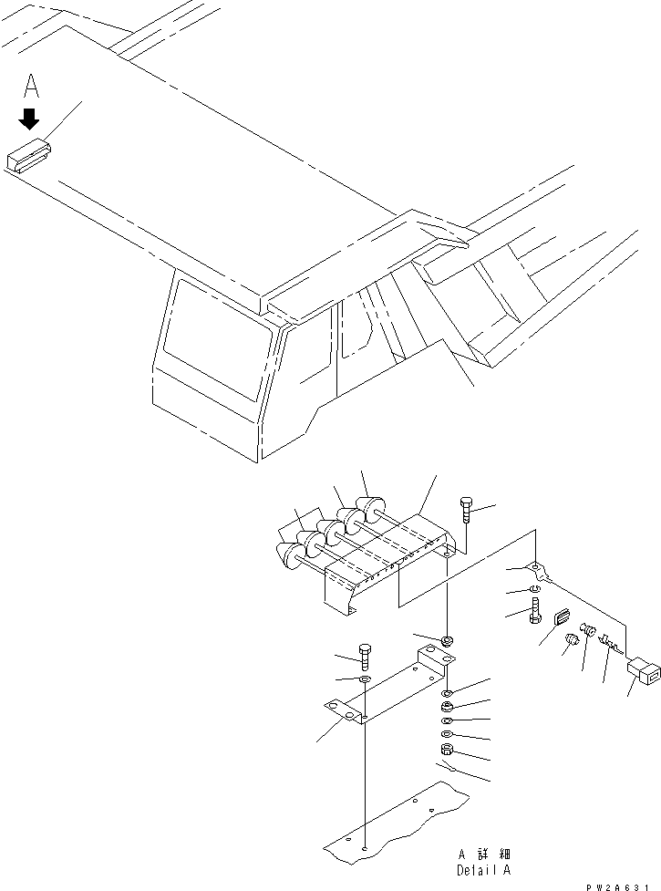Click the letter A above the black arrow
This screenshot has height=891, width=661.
[31, 87]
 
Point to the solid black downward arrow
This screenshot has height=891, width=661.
[30, 119]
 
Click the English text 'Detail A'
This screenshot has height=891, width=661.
[483, 871]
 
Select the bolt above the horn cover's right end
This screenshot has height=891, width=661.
[467, 512]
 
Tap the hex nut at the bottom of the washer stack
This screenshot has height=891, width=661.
[448, 751]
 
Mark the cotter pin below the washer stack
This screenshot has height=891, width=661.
[447, 769]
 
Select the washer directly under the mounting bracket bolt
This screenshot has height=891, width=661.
[365, 680]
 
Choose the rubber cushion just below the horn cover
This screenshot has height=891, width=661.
[447, 641]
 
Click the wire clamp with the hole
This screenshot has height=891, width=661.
[540, 573]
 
